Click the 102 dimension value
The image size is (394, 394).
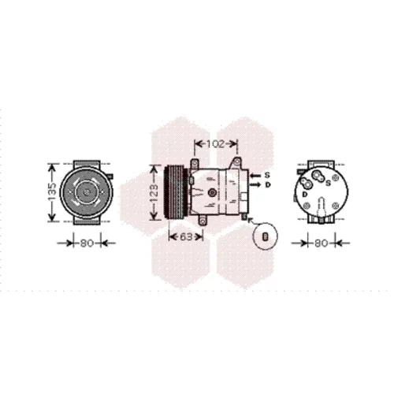click(x=216, y=144)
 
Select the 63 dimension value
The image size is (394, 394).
click(x=186, y=236)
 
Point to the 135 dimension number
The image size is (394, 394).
click(x=53, y=192)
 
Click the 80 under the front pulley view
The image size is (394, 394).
click(x=87, y=243)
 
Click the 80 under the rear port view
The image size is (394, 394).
click(x=321, y=243)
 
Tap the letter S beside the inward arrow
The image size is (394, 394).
click(x=267, y=175)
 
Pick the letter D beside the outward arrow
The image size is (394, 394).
click(x=267, y=185)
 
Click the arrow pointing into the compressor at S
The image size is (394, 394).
click(x=255, y=175)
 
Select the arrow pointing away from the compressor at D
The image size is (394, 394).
click(x=255, y=185)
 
